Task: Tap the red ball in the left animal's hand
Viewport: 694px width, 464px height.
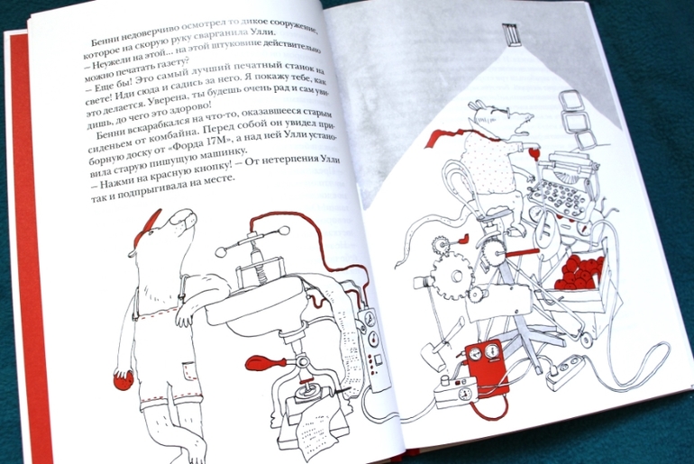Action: [123, 381]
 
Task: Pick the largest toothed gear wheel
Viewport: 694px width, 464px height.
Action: [452, 275]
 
